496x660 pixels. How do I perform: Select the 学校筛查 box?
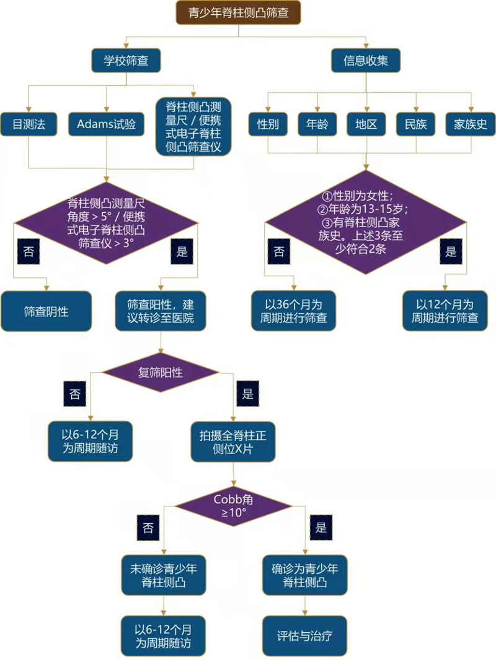tap(126, 61)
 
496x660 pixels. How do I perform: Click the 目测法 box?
tap(29, 124)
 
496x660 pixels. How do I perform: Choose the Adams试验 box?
tap(106, 124)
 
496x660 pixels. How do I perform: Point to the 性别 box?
tap(268, 124)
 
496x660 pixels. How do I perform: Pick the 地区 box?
tap(366, 124)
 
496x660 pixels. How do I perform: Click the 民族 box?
tap(415, 124)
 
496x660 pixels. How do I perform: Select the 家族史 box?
tap(470, 124)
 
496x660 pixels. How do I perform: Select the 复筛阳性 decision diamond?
tap(161, 373)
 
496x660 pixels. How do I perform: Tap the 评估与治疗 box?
tap(304, 636)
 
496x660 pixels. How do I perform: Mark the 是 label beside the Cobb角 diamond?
tap(321, 528)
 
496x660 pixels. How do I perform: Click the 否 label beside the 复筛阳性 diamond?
tap(75, 394)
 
